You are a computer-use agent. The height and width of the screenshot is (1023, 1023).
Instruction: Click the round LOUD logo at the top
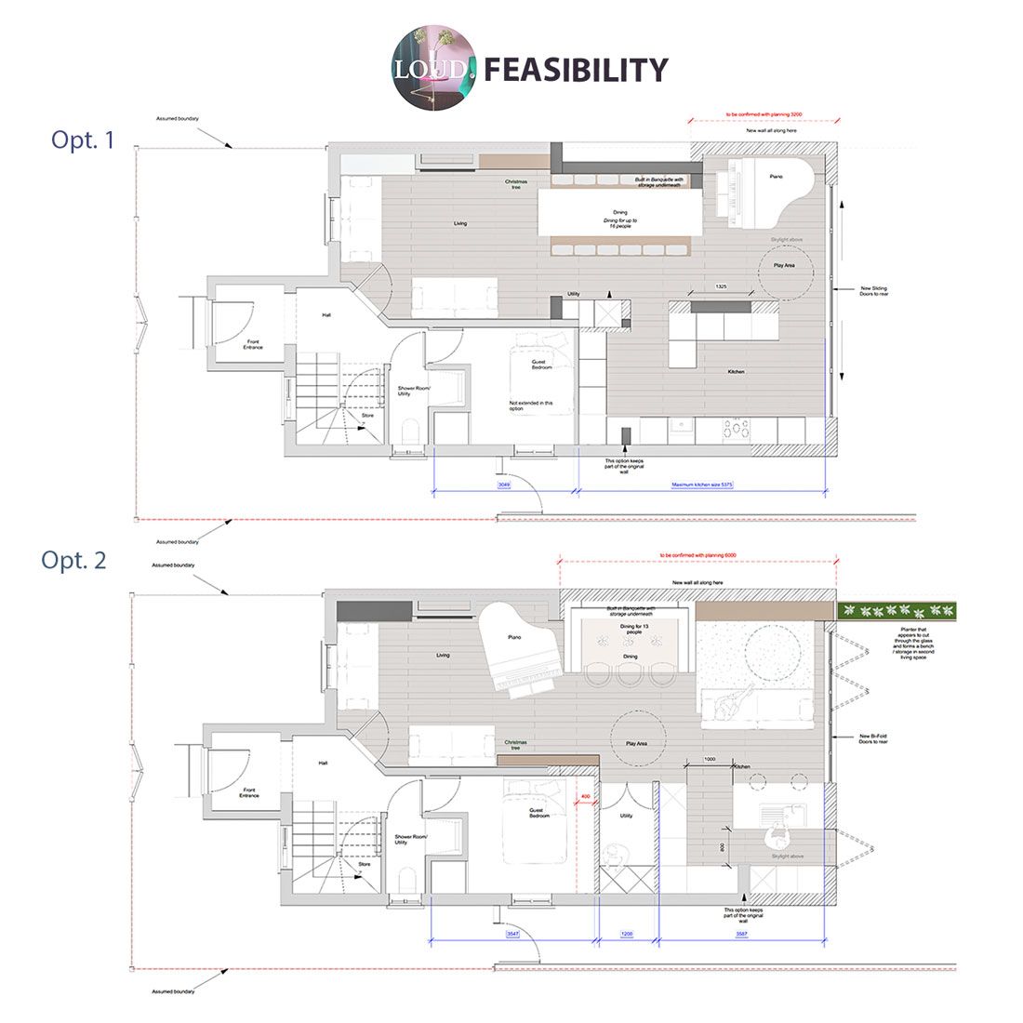[x=433, y=70]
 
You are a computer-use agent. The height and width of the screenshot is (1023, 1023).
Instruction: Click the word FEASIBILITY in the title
[x=577, y=70]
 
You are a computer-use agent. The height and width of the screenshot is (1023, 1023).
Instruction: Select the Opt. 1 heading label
[x=84, y=141]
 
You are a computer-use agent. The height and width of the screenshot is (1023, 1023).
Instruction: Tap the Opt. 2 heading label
[x=73, y=560]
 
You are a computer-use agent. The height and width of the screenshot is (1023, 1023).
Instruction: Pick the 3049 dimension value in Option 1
[x=503, y=485]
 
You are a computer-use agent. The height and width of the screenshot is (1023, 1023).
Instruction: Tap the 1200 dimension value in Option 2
[x=627, y=934]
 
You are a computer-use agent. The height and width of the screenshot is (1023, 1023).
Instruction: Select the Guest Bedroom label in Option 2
[x=539, y=814]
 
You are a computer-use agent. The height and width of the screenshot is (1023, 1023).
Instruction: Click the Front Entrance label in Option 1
[x=253, y=345]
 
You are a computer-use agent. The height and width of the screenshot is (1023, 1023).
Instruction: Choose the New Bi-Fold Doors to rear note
[x=888, y=740]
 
